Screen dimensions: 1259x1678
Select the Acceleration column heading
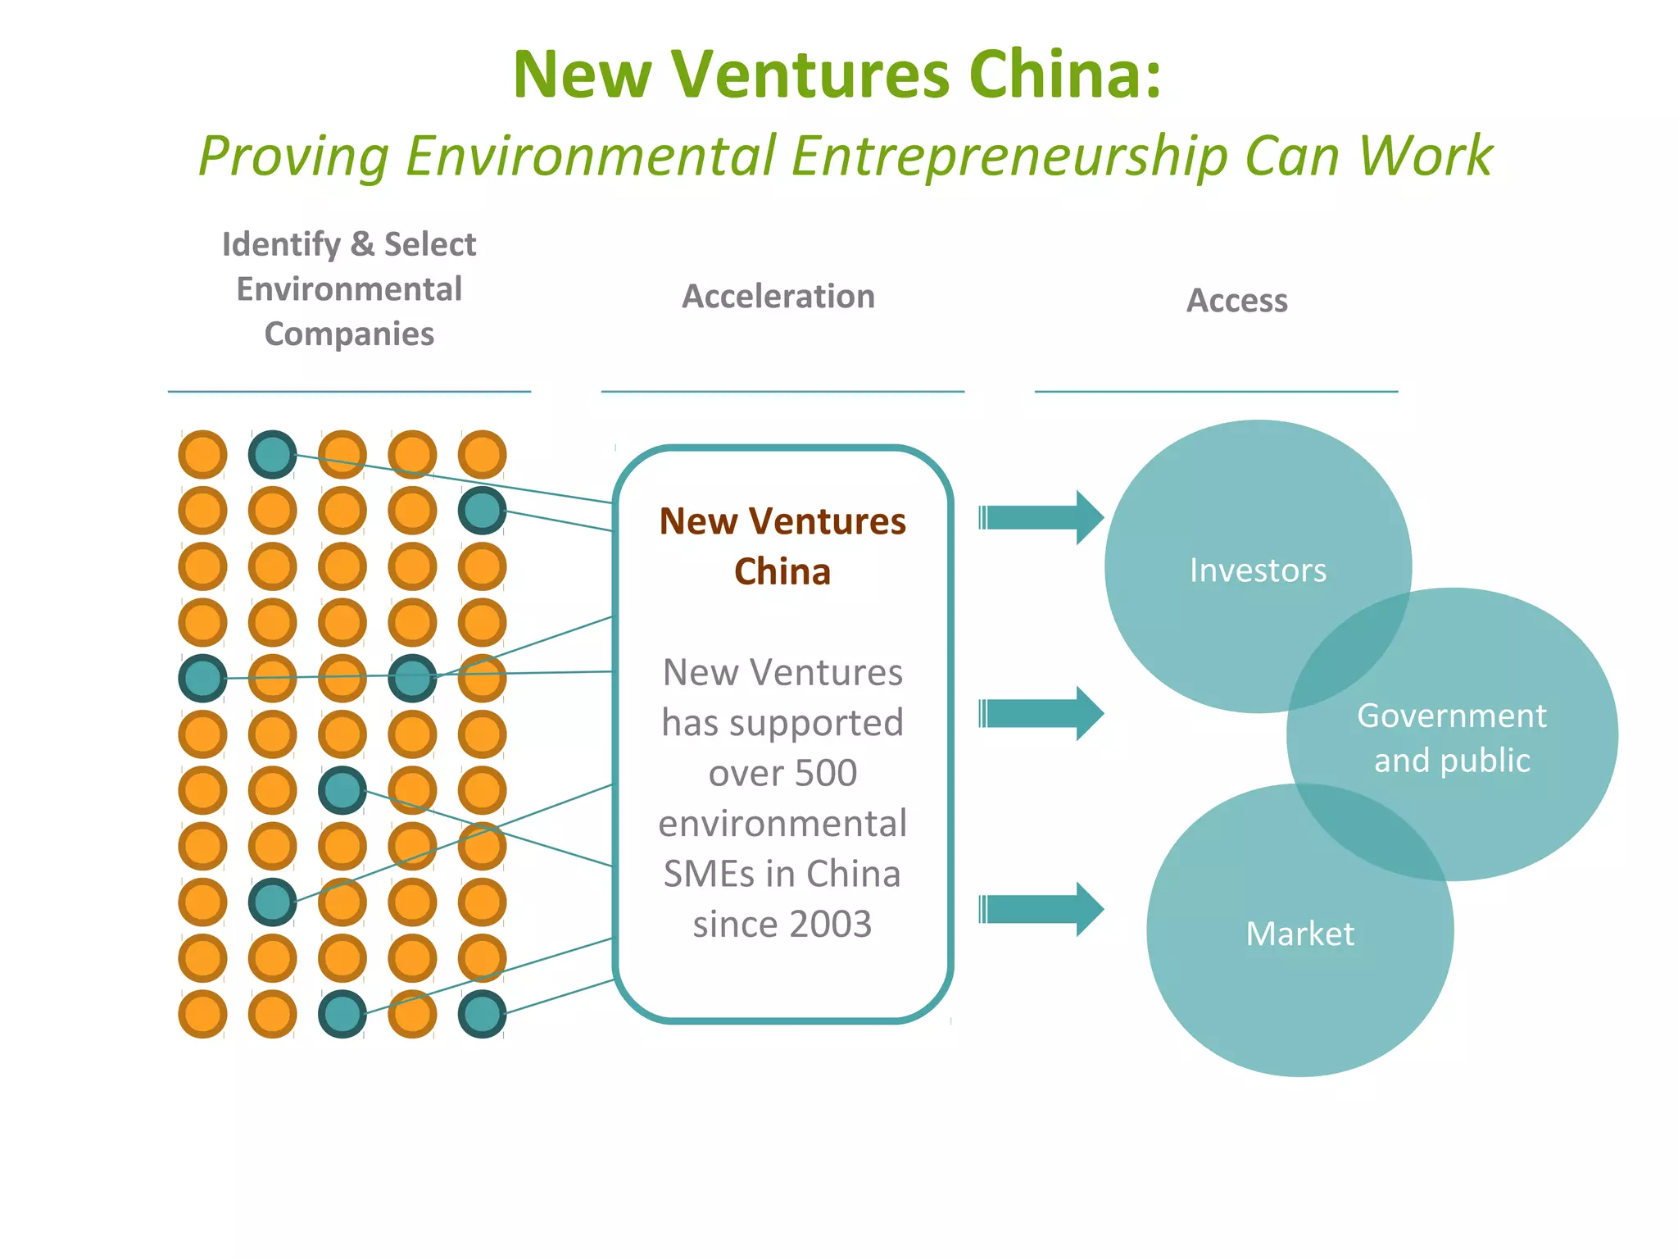coord(778,297)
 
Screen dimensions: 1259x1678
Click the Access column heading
coord(1236,301)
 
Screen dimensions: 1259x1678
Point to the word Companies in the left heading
coord(349,334)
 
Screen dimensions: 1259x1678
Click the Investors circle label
coord(1258,570)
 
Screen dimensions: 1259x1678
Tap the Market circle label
coord(1299,934)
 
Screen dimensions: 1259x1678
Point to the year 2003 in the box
coord(830,925)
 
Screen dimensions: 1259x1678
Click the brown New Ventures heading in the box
coord(782,522)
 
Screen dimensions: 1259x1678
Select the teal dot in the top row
coord(272,454)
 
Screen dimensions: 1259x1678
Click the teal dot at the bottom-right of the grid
coord(482,1014)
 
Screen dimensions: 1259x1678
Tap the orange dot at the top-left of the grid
coord(202,454)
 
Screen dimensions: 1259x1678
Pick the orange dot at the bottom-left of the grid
coord(202,1014)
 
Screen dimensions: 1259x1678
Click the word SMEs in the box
coord(710,874)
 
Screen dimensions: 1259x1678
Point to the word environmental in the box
coord(782,824)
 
